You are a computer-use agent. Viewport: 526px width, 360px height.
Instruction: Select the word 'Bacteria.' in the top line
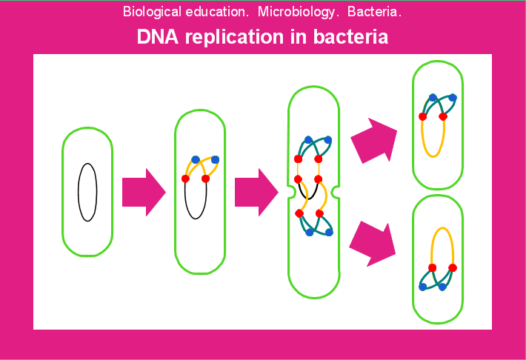(375, 13)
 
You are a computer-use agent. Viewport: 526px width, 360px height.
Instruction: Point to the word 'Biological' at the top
(150, 13)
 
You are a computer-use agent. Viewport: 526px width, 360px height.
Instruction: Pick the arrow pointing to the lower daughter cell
(373, 242)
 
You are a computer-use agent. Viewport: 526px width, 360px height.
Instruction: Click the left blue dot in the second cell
(196, 159)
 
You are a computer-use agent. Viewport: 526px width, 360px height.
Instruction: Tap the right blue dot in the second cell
(216, 159)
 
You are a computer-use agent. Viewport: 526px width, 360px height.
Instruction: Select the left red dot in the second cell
(186, 179)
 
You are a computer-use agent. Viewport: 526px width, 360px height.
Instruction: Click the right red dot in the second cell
(206, 179)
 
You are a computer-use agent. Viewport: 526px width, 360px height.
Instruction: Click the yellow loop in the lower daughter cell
(442, 237)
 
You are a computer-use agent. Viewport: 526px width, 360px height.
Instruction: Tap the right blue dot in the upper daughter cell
(453, 97)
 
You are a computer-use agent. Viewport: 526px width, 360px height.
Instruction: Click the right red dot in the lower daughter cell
(453, 267)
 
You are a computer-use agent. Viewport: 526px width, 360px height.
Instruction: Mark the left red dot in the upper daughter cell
(422, 116)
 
